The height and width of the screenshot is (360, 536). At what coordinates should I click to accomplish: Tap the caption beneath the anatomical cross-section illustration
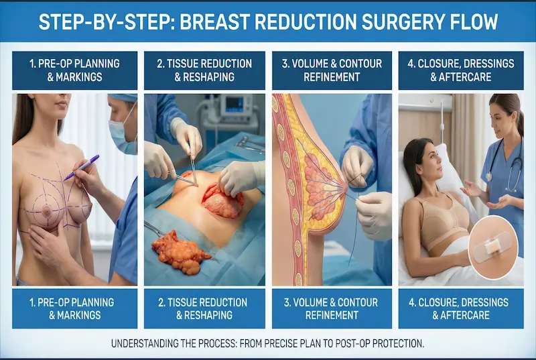[332, 308]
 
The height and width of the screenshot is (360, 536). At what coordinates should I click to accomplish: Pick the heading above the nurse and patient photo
[460, 70]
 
